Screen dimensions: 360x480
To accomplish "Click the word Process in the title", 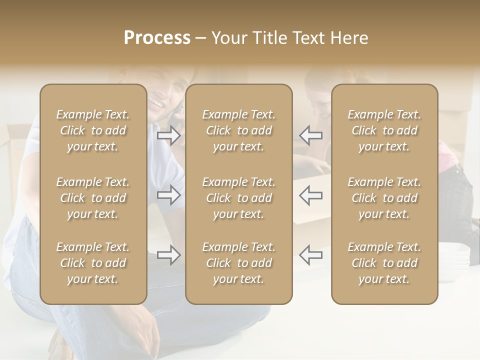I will [157, 38].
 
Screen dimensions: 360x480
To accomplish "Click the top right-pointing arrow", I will [169, 135].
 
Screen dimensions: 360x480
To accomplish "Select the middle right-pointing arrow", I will [169, 195].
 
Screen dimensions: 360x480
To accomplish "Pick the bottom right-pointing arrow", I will [169, 255].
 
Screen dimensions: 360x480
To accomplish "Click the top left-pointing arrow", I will [310, 135].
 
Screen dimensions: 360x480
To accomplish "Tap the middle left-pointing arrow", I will [310, 195].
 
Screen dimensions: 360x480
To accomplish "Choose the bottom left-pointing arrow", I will [310, 255].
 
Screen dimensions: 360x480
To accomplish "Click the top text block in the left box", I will [93, 130].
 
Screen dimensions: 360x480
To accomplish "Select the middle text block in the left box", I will [93, 198].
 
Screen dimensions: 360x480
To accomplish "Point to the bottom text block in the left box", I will [93, 263].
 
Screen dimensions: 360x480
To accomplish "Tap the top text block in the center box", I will [238, 130].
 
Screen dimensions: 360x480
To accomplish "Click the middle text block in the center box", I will [238, 198].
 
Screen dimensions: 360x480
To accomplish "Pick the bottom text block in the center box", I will [238, 263].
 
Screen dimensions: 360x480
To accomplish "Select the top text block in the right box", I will [384, 130].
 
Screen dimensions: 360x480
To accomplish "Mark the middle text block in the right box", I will [384, 198].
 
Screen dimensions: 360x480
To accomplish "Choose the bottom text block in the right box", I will [384, 263].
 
